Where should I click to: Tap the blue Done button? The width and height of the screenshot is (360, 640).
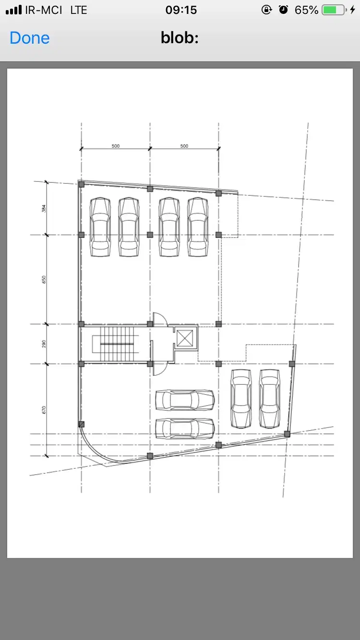(29, 38)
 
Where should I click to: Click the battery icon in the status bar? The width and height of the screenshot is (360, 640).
(334, 10)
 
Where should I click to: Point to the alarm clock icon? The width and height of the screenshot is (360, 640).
(283, 10)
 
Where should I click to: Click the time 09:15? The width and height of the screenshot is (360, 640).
(181, 10)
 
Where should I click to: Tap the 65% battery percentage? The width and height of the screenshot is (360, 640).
(306, 10)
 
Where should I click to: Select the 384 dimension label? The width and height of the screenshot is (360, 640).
(44, 209)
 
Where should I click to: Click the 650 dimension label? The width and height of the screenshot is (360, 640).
(44, 279)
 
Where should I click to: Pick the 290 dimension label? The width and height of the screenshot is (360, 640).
(44, 344)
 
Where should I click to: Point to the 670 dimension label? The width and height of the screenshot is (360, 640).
(44, 410)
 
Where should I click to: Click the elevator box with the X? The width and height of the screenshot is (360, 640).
(185, 338)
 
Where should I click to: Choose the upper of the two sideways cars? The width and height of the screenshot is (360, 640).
(185, 400)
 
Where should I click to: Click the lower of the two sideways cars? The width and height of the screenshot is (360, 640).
(185, 428)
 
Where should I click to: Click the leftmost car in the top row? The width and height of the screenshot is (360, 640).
(100, 227)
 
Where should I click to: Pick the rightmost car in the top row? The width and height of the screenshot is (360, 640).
(198, 227)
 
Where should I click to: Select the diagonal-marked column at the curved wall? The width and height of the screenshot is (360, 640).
(81, 424)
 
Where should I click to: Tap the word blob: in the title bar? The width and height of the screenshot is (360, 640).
(180, 37)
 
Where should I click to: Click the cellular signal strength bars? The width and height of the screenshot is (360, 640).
(13, 10)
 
